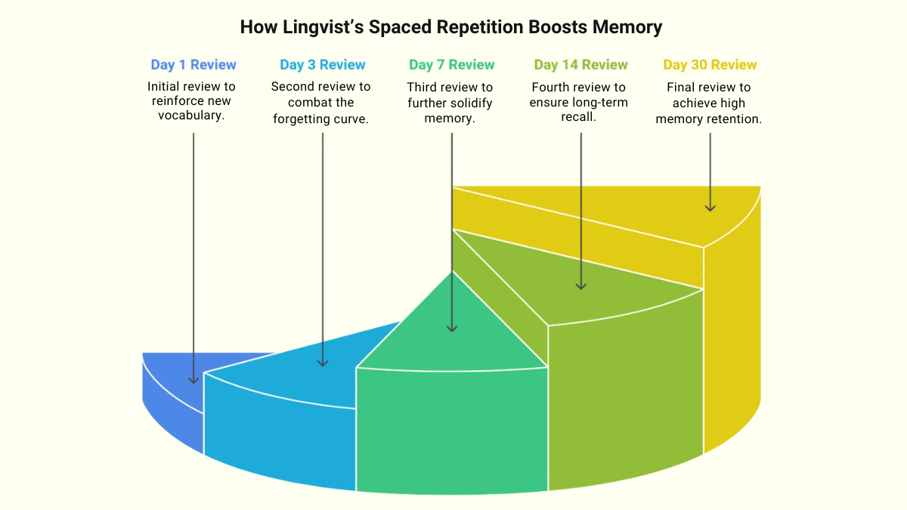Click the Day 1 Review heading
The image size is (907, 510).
click(193, 65)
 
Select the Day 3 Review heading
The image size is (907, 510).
click(323, 65)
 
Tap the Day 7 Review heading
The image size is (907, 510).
click(452, 65)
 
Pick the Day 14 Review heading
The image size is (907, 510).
click(580, 65)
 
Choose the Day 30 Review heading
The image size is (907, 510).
click(710, 65)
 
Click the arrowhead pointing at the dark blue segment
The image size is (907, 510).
click(193, 379)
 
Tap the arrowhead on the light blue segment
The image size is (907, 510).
click(323, 362)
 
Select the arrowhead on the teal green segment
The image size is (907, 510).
click(452, 327)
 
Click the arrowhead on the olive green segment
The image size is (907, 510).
click(580, 285)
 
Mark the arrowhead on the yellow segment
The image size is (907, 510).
click(710, 206)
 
